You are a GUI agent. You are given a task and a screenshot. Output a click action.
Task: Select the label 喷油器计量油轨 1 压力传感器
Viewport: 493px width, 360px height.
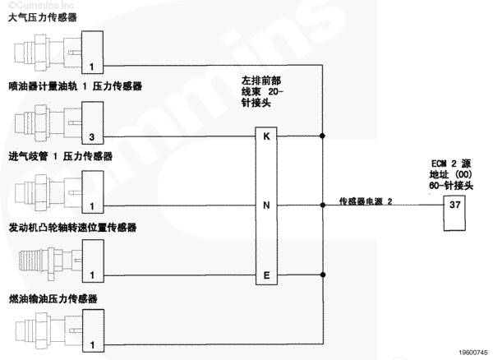click(x=76, y=85)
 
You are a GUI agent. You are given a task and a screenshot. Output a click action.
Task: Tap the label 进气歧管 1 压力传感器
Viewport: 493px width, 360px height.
click(x=60, y=155)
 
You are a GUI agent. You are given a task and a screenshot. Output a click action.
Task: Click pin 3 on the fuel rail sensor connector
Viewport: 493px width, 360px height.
click(x=92, y=136)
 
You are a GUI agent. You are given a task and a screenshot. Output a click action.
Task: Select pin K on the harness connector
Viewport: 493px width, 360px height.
click(x=266, y=136)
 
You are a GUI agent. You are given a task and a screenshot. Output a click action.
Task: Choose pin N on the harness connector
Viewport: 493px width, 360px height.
click(x=266, y=205)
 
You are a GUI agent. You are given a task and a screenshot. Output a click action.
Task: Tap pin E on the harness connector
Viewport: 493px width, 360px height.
click(x=266, y=275)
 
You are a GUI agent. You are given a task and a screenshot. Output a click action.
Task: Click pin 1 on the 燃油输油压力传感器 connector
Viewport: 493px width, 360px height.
click(x=92, y=344)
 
